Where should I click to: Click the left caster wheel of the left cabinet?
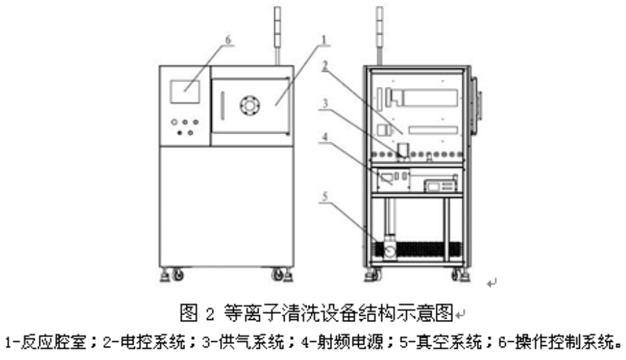click(177, 274)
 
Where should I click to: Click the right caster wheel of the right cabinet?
click(457, 274)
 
